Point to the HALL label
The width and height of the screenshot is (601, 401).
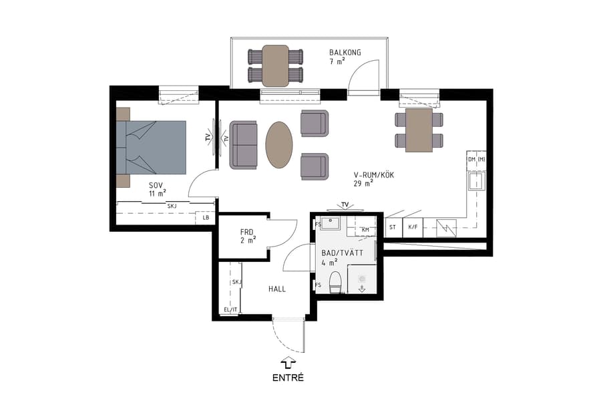pos(277,289)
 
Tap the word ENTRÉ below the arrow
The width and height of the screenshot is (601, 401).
pos(288,378)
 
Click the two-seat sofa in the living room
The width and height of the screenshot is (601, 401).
pos(244,144)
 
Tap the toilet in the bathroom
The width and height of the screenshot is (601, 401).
pos(335,282)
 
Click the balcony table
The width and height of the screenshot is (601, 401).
pos(275,65)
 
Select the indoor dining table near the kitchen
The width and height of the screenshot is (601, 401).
pos(419,130)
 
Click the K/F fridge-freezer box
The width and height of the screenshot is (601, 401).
pos(413,227)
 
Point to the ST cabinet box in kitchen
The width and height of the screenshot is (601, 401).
pos(393,227)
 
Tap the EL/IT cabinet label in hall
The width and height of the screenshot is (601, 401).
pos(230,309)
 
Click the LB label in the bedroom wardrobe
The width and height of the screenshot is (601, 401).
pos(205,218)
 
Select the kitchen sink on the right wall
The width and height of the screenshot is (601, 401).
pos(476,181)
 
